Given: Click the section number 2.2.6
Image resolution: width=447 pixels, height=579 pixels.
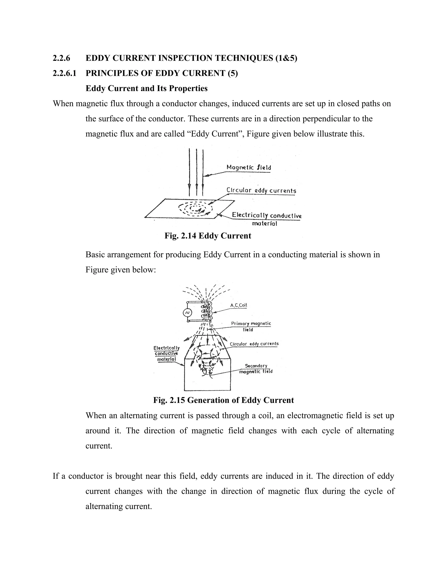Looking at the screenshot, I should point(61,58).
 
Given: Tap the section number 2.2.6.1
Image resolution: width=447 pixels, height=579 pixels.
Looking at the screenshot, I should point(64,73).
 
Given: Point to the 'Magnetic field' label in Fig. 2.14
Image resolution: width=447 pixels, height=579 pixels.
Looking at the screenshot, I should point(248,168).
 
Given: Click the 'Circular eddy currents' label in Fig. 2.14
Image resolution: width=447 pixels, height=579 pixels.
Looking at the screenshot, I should point(261,191).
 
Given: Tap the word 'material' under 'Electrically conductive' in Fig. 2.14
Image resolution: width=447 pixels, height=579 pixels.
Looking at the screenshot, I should point(264,224).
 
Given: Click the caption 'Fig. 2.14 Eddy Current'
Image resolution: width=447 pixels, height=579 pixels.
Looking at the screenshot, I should point(208,236).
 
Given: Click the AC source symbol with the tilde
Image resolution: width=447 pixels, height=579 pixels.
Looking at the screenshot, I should point(187,313).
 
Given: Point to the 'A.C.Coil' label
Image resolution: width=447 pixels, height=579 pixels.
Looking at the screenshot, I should point(238,305).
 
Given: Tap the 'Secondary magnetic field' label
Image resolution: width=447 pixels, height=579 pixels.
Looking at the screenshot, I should point(256,369).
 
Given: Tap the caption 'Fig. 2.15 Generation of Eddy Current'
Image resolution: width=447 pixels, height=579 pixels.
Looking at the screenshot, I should point(223,400).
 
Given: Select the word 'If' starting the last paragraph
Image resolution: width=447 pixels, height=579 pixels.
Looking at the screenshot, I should point(56,476).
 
